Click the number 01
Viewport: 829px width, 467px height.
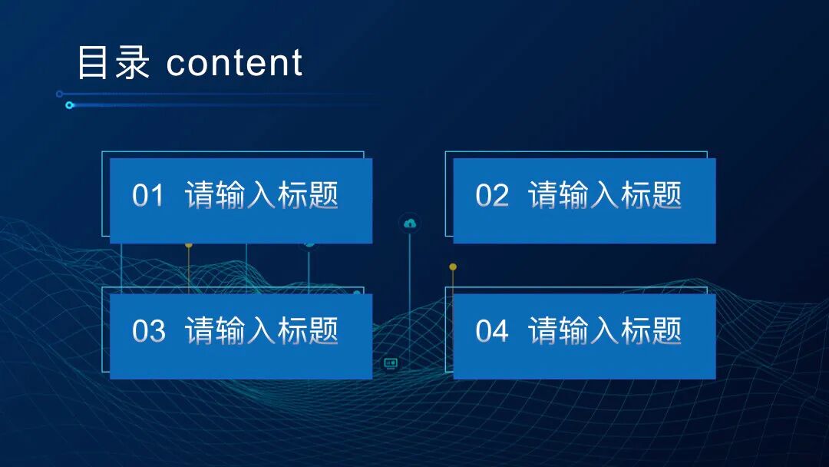tap(148, 196)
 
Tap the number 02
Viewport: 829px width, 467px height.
tap(491, 196)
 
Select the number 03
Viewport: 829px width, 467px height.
tap(148, 331)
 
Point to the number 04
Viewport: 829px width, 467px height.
tap(491, 331)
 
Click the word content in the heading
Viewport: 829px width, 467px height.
tap(234, 63)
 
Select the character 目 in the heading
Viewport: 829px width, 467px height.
tap(93, 63)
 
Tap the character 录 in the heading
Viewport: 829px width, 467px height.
tap(131, 63)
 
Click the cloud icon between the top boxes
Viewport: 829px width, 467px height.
tap(410, 224)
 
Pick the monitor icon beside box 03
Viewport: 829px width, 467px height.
tap(391, 363)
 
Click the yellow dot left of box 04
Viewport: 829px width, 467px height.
tap(453, 267)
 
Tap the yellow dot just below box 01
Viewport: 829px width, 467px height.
tap(189, 245)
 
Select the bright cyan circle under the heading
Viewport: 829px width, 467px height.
tap(69, 105)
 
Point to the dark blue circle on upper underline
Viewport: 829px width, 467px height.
tap(60, 94)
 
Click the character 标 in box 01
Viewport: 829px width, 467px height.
tap(292, 195)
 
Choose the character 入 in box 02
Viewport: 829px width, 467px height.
tap(604, 195)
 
